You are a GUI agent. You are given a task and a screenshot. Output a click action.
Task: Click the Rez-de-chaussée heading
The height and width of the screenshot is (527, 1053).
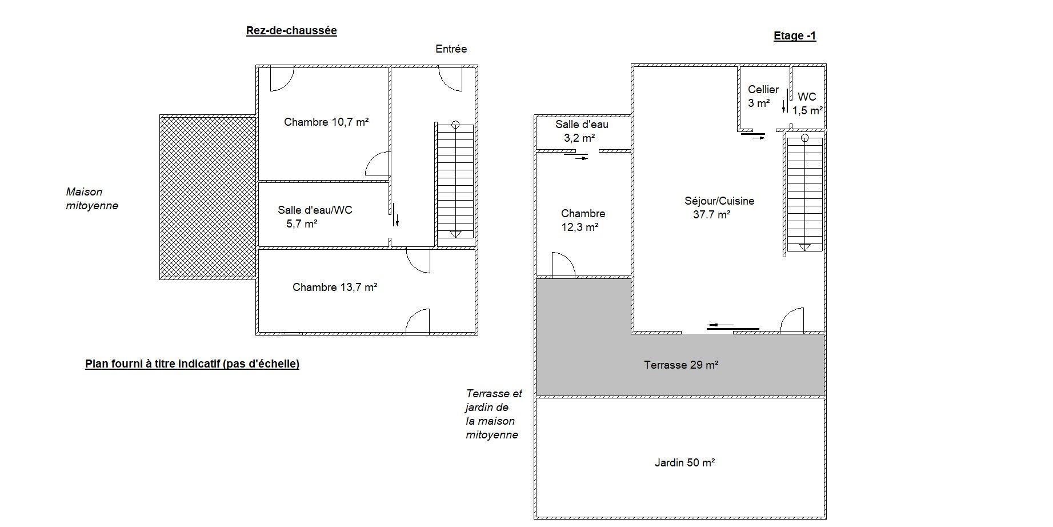point(291,31)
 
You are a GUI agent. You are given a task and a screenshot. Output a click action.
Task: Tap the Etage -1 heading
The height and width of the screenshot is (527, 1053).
point(795,36)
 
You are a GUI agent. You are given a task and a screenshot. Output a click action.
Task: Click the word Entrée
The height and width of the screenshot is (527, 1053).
point(451,49)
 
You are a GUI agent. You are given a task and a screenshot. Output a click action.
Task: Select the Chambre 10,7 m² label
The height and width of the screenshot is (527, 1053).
point(326,122)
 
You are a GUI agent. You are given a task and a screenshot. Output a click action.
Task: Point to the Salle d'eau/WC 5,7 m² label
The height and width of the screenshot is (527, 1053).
point(315,217)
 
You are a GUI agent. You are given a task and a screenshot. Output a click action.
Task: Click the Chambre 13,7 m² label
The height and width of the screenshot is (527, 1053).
point(335,287)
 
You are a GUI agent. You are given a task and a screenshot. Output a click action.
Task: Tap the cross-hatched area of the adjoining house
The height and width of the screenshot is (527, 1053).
point(208,197)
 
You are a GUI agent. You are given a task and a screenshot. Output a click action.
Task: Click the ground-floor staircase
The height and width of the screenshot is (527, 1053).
point(455,180)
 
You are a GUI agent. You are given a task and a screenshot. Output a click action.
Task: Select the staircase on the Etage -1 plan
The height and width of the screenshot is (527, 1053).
point(804,193)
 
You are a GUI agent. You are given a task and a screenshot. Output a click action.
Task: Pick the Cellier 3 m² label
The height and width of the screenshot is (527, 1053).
point(763,96)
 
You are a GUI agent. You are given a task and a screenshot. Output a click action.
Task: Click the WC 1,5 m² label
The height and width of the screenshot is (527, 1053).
point(807,103)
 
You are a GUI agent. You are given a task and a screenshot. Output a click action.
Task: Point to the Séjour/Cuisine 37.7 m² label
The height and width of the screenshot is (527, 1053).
point(719,207)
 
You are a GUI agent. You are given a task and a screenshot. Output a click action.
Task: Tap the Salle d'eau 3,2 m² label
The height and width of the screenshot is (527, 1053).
point(582,131)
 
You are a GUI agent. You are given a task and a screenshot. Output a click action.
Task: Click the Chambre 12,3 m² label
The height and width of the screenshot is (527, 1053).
point(583,220)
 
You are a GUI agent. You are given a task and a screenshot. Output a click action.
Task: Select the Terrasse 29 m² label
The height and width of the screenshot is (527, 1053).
point(681,365)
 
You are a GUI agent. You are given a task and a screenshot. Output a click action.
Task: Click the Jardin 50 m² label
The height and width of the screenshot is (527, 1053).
point(684,462)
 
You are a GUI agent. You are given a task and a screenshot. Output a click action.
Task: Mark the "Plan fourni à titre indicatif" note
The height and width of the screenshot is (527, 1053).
point(193,364)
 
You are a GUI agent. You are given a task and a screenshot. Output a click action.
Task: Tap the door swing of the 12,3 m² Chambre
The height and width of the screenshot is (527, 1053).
point(564,265)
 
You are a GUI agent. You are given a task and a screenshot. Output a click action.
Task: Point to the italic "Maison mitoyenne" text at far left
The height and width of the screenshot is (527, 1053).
point(92,199)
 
